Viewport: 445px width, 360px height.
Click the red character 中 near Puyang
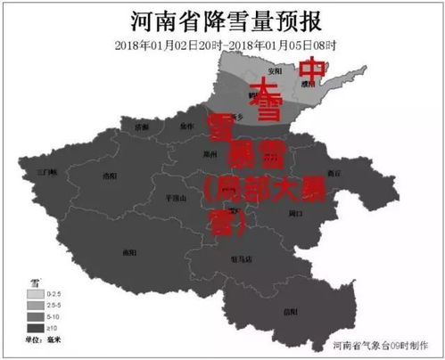coord(310,68)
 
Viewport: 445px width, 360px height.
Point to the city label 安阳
coord(275,71)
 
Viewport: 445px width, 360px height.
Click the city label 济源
coord(143,127)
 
